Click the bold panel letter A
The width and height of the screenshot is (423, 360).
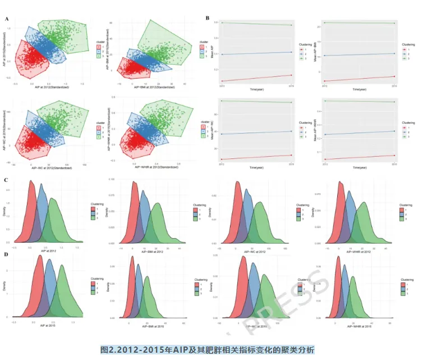point(7,19)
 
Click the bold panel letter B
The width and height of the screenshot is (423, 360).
point(208,19)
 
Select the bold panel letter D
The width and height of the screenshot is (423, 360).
point(6,255)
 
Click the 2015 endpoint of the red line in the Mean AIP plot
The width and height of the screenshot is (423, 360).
point(291,75)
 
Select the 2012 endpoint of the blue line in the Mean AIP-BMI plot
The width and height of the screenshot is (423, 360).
point(324,55)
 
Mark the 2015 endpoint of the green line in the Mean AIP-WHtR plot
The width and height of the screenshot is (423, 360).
point(394,102)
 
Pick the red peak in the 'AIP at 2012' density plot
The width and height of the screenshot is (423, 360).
point(32,183)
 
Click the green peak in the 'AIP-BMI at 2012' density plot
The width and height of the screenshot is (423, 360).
point(158,203)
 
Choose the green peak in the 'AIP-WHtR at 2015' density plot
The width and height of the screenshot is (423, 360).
point(353,276)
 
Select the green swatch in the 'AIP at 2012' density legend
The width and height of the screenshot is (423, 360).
point(93,218)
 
